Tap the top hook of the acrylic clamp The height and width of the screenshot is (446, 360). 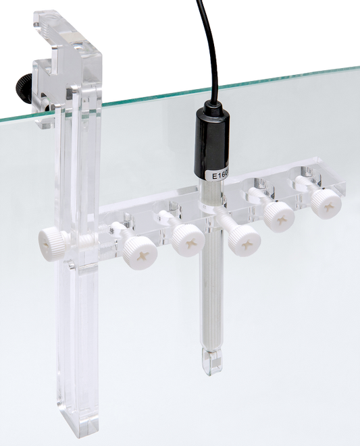tap(54, 27)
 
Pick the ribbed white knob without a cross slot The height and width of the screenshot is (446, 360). tap(51, 239)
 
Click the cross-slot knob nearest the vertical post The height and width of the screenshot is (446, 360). tap(140, 251)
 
